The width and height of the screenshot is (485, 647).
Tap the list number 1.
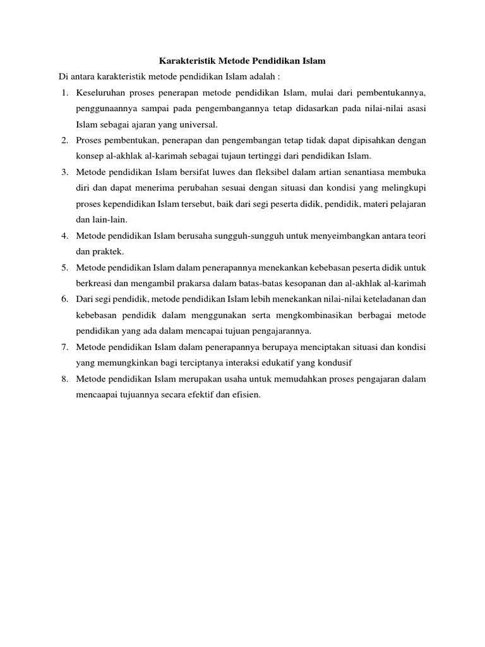click(65, 94)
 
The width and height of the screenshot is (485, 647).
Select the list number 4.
click(65, 236)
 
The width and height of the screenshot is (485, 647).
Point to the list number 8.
click(65, 379)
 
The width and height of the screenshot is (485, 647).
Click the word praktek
click(109, 251)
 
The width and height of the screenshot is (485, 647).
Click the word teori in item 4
click(416, 236)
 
